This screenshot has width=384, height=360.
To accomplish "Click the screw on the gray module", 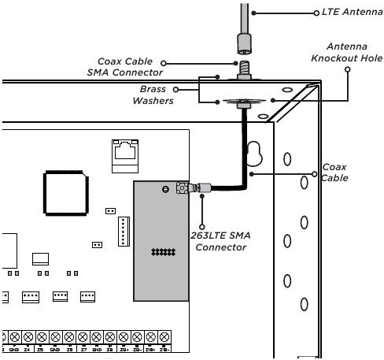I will tap(164, 188).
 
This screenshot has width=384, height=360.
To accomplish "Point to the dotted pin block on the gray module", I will tap(163, 252).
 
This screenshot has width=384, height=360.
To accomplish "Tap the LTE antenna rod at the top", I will tap(246, 20).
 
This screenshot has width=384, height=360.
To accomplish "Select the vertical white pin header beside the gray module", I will tap(122, 230).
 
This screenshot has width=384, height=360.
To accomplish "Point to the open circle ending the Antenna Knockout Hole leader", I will tap(348, 68).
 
